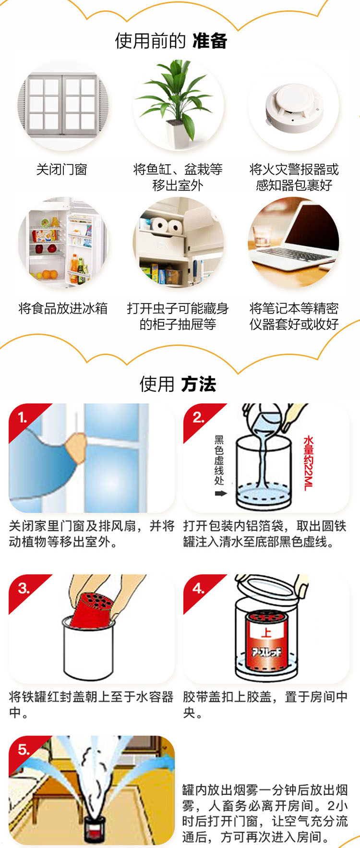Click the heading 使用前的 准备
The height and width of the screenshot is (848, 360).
tap(171, 41)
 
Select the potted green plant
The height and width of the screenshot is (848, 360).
tap(178, 101)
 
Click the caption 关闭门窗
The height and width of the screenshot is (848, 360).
tap(62, 170)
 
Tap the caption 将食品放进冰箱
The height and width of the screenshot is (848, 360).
tap(63, 308)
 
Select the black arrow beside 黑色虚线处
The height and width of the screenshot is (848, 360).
tap(220, 493)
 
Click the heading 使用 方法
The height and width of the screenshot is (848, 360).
tap(178, 384)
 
